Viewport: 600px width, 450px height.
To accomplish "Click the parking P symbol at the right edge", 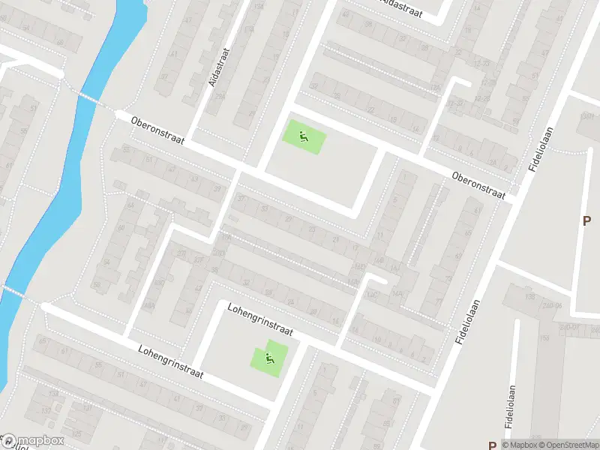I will [x=586, y=220].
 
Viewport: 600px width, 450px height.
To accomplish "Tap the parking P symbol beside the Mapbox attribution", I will [x=492, y=445].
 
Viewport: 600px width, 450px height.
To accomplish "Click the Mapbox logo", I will [x=33, y=441].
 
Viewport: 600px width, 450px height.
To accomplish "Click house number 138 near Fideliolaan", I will [x=530, y=297].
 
